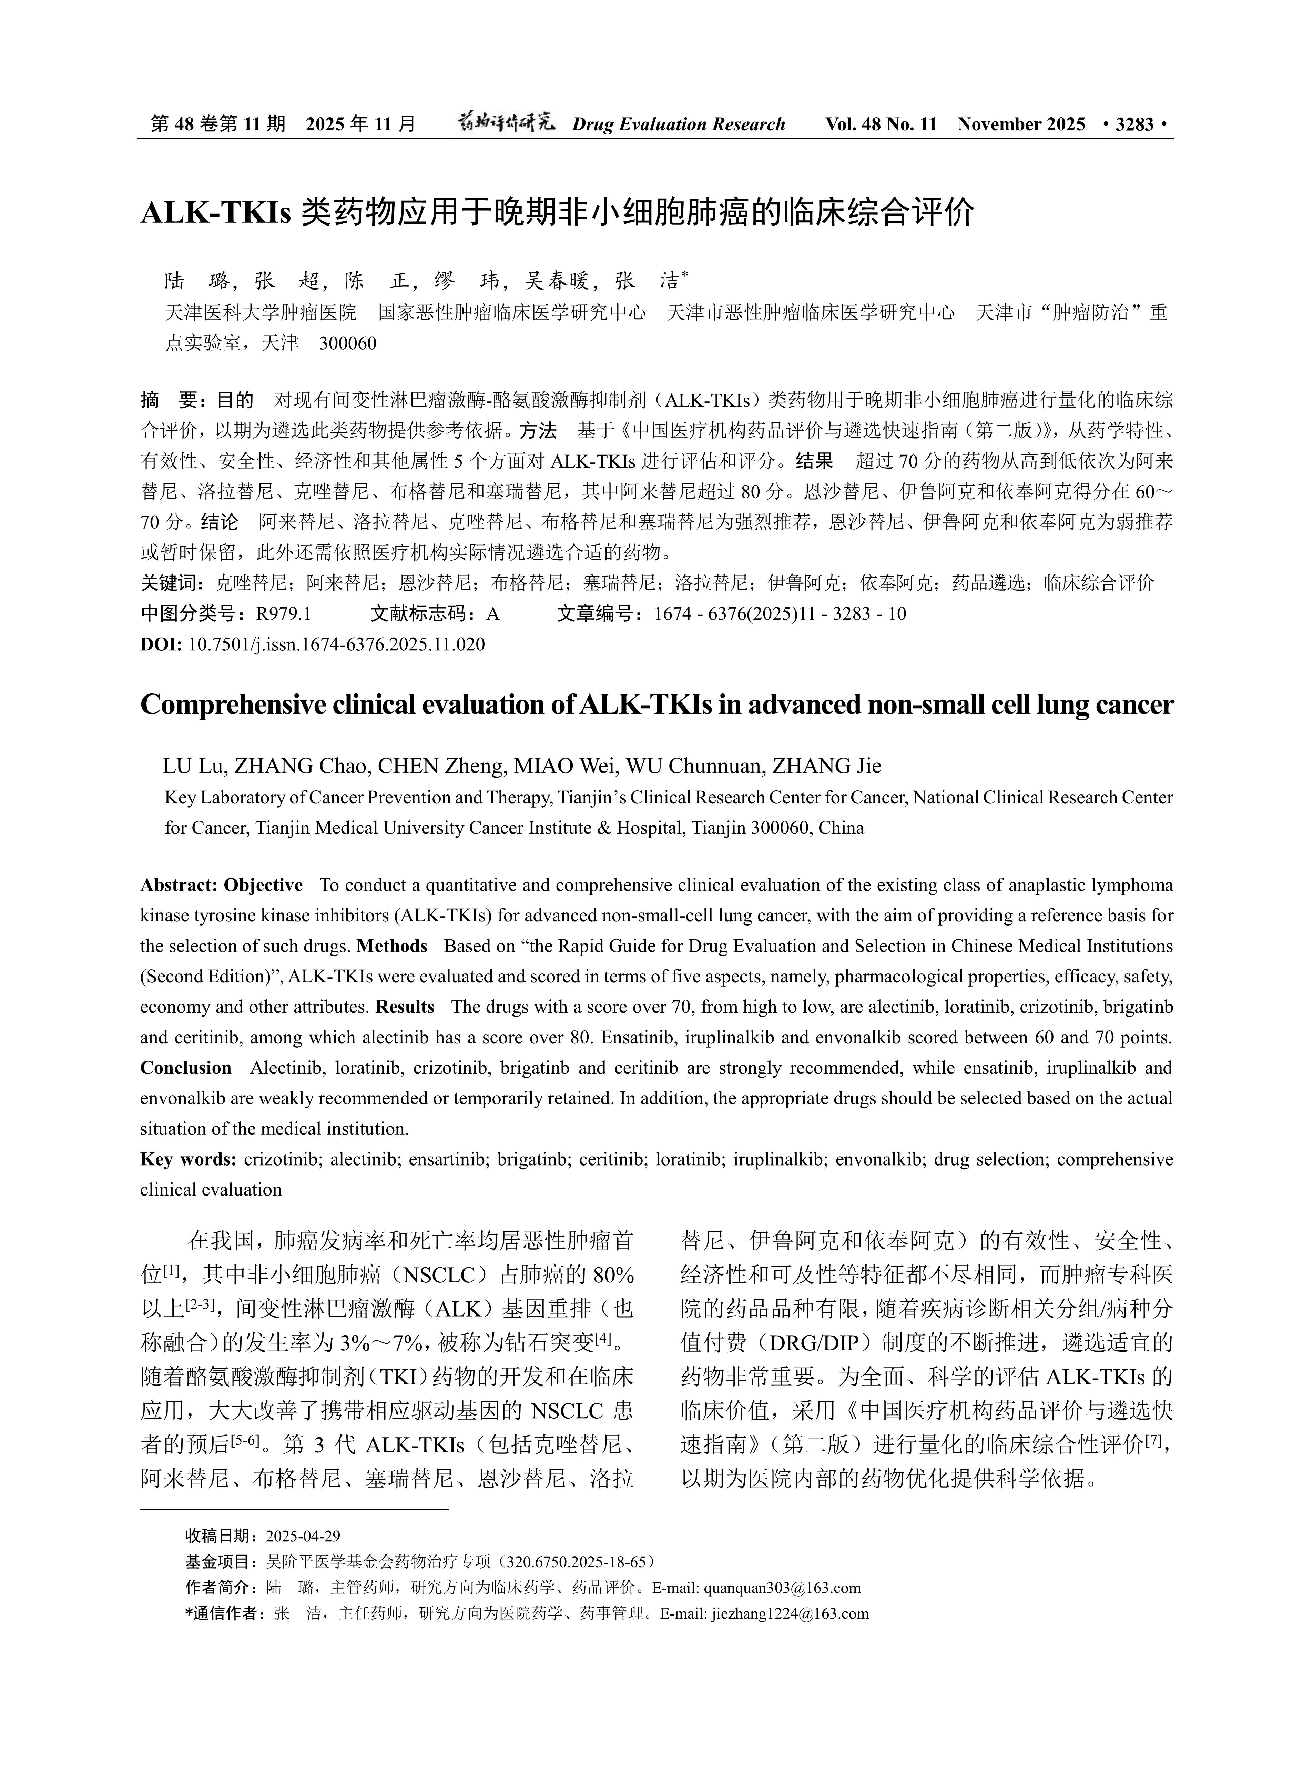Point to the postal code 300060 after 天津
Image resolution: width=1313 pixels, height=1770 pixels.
pos(347,343)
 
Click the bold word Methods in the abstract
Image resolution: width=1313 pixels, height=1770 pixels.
pos(392,946)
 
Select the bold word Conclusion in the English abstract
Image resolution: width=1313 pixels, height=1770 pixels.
pos(186,1068)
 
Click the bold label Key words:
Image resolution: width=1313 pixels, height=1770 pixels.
pos(189,1159)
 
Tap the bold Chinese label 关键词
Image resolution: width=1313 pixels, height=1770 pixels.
pos(168,583)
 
